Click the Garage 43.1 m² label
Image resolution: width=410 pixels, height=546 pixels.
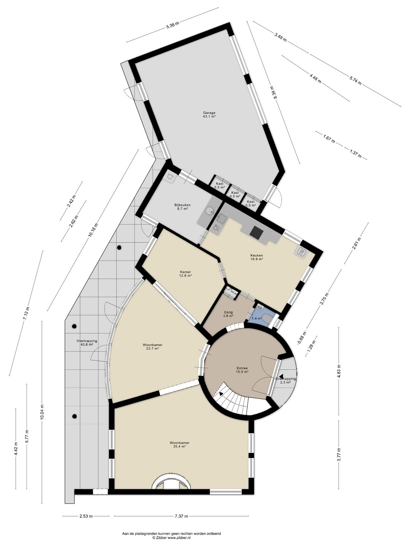point(209,115)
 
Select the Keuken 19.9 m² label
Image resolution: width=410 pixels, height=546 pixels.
point(257,257)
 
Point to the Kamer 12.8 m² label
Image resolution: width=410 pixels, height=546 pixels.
point(186,274)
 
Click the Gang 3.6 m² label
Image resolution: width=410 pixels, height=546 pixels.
point(228,314)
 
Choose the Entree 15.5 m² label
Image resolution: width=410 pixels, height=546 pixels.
point(242,370)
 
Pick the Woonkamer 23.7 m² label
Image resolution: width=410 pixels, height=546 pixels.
point(152,347)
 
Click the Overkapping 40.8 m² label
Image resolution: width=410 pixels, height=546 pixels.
point(87,343)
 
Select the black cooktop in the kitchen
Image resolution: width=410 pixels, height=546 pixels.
point(257,232)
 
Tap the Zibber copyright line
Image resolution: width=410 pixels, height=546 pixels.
point(171,538)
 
